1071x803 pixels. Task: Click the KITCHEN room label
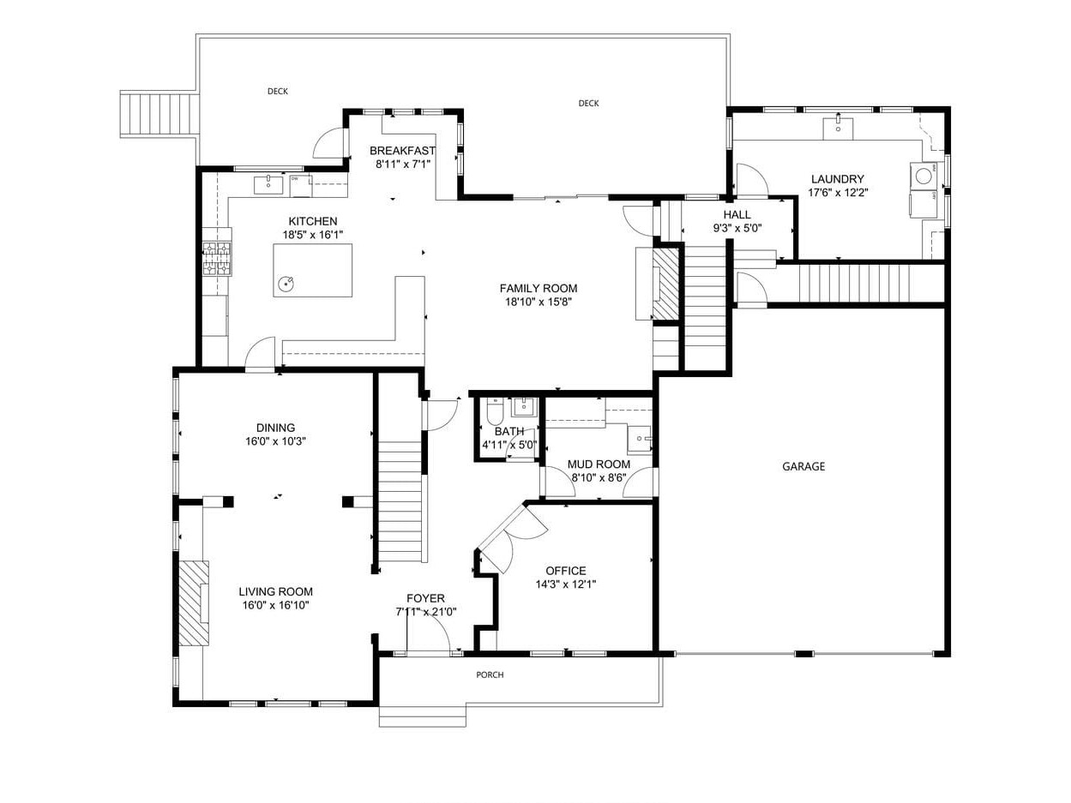(312, 221)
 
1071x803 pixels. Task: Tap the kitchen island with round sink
(312, 270)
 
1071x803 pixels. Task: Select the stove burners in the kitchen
(217, 259)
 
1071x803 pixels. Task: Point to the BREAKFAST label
(402, 151)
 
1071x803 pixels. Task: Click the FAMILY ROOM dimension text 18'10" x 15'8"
(538, 302)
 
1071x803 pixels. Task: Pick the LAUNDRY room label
(837, 179)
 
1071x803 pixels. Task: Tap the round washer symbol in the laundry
(924, 176)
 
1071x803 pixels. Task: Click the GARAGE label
(803, 467)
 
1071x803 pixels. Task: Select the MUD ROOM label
(599, 464)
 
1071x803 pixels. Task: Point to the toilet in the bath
(495, 414)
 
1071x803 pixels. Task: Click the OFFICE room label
(566, 571)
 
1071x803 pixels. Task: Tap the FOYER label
(425, 598)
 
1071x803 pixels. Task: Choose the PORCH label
(490, 675)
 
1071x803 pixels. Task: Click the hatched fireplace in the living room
(194, 603)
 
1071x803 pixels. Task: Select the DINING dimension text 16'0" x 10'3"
(275, 441)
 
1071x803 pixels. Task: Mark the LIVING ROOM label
(275, 591)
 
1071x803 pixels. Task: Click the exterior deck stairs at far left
(159, 114)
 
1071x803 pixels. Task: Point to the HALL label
(736, 215)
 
